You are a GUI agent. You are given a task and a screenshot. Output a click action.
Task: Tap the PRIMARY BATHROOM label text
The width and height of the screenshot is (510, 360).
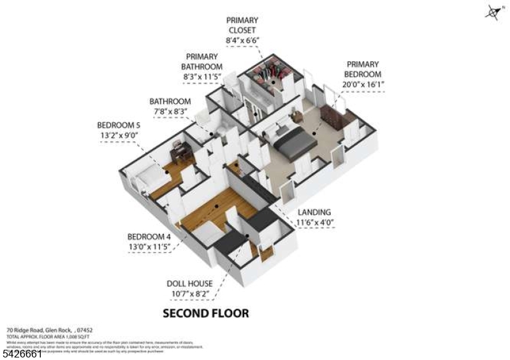click(204, 62)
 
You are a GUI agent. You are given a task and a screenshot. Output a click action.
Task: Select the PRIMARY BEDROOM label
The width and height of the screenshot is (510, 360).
click(362, 69)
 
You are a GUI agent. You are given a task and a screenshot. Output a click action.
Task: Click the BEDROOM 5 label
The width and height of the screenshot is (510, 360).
click(117, 124)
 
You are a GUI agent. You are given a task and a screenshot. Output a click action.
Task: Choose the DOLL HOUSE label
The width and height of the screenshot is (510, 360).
click(190, 283)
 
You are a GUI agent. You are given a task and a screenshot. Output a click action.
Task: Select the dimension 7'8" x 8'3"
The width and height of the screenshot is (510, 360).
click(170, 112)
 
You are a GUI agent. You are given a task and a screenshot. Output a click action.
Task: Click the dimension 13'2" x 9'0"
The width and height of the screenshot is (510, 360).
click(117, 135)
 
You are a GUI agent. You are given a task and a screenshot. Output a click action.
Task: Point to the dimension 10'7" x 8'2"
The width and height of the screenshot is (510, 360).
click(190, 294)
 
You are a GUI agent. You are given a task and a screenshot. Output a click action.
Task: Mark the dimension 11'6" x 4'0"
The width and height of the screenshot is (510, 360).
click(315, 223)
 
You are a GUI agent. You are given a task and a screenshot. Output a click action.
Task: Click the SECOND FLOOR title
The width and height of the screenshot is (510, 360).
click(206, 313)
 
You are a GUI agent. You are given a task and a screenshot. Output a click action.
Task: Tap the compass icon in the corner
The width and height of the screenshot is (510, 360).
click(492, 11)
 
